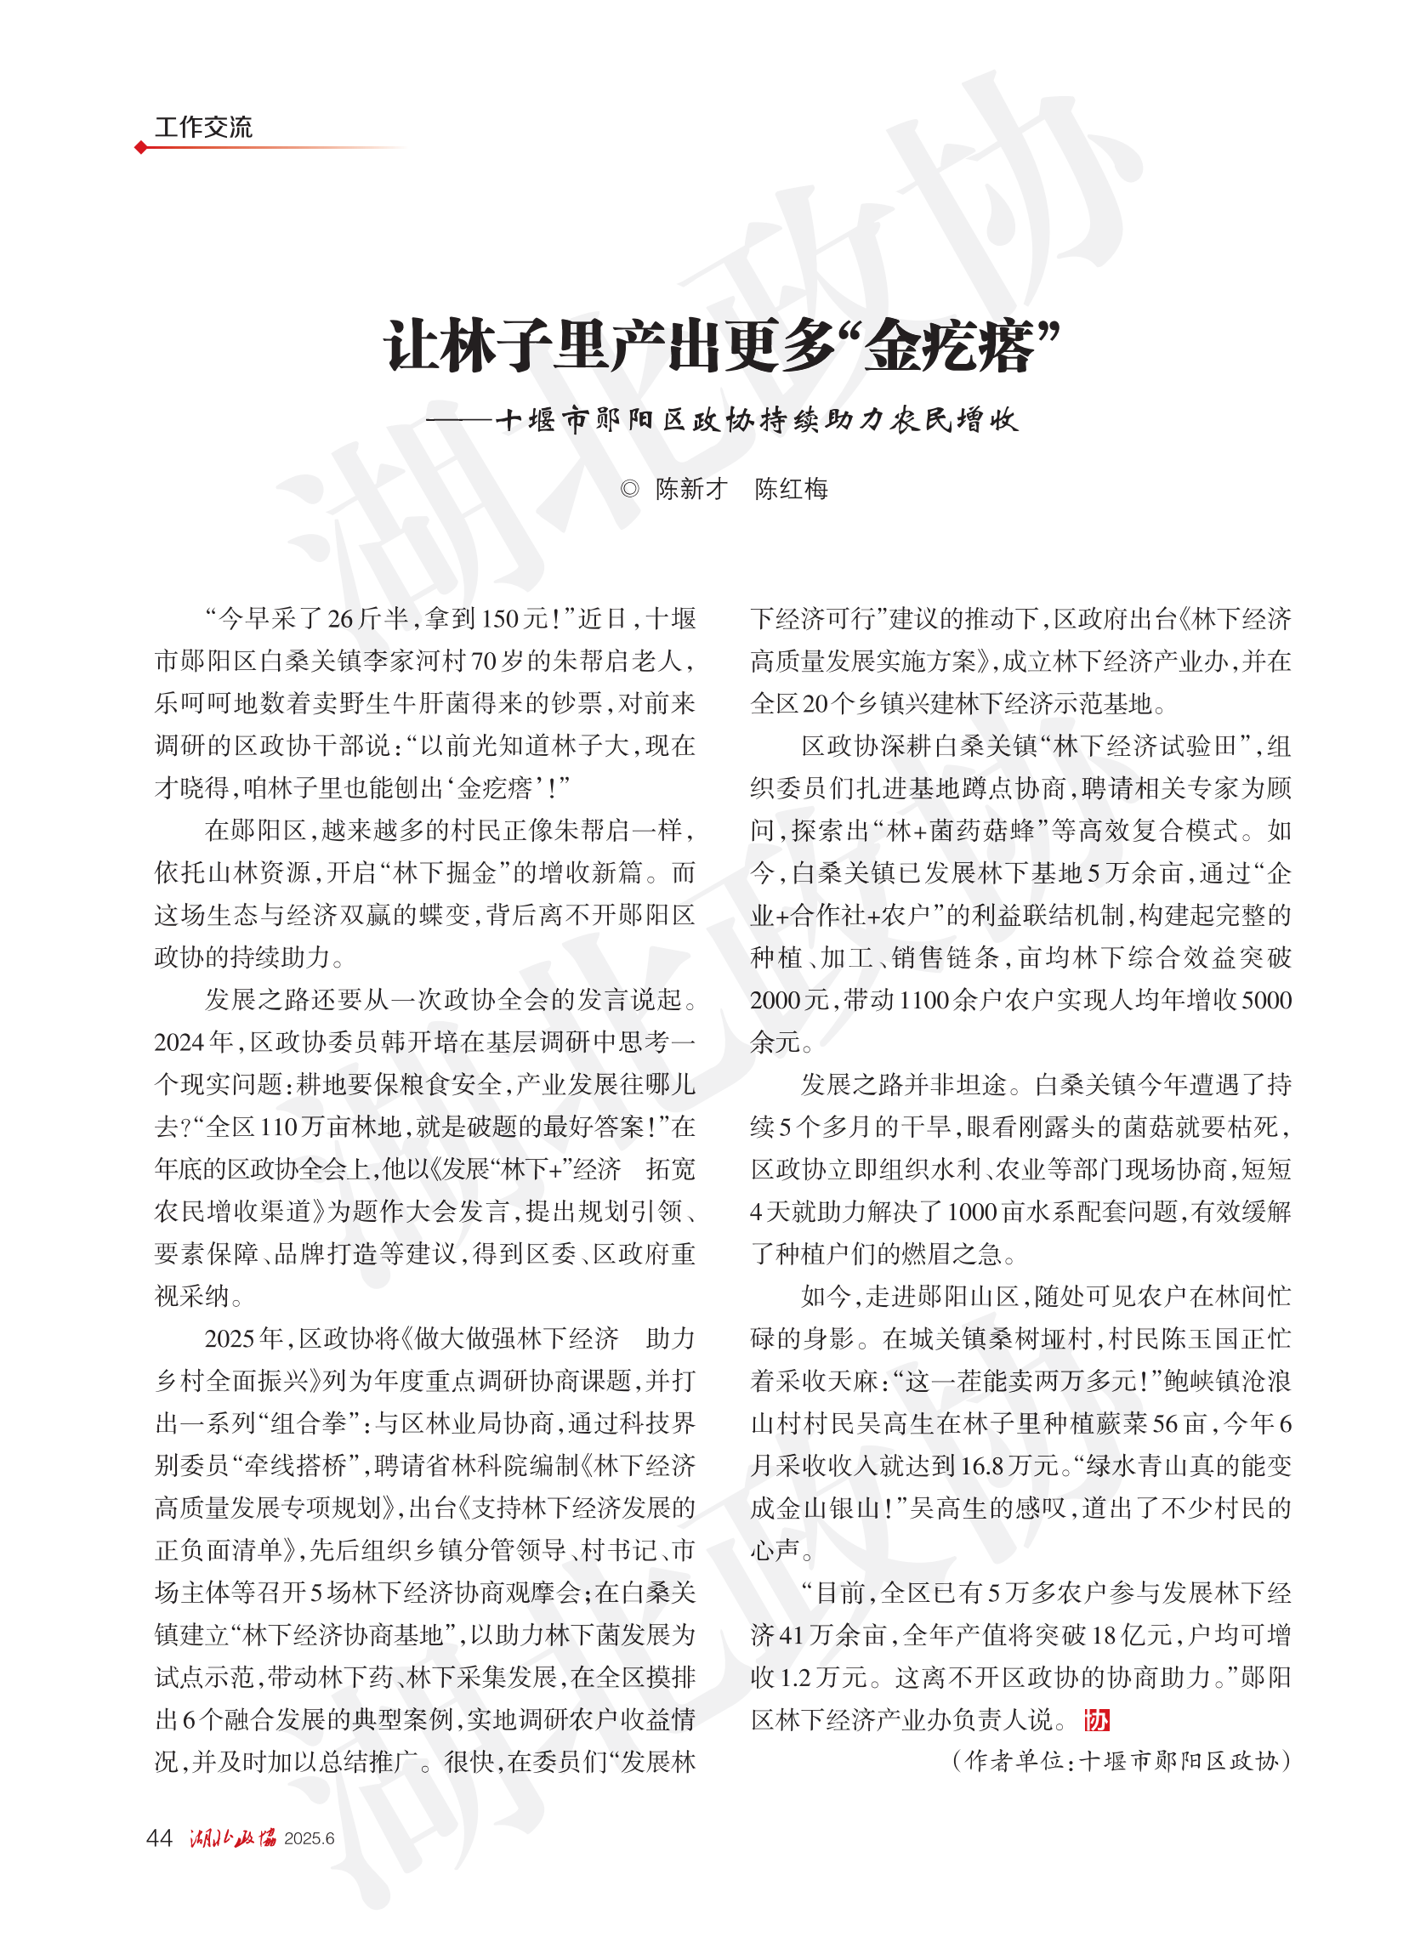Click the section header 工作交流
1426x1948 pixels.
[x=203, y=128]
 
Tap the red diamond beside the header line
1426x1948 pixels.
[x=140, y=148]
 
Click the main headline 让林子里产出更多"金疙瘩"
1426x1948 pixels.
[x=722, y=347]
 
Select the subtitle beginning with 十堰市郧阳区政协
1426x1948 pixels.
[x=756, y=420]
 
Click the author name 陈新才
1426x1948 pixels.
[x=691, y=490]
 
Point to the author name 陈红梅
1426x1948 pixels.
[x=791, y=490]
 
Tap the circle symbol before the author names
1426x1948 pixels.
[x=630, y=490]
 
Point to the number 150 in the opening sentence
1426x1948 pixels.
[x=503, y=620]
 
